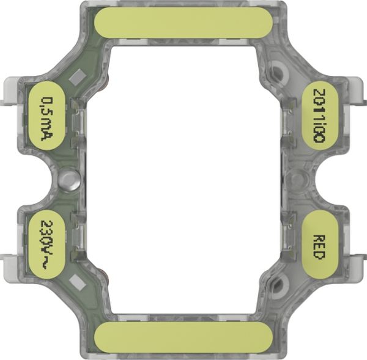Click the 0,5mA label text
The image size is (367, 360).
coord(47,119)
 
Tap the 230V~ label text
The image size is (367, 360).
coord(47,244)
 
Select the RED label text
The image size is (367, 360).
coord(319,247)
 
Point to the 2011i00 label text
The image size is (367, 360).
coord(319,116)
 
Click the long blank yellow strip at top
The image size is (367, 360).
coord(183,23)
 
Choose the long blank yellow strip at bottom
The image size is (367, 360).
coord(183,337)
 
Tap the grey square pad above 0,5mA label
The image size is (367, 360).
coord(78,77)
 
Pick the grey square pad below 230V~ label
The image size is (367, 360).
coord(78,282)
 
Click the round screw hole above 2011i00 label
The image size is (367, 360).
coord(278,72)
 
